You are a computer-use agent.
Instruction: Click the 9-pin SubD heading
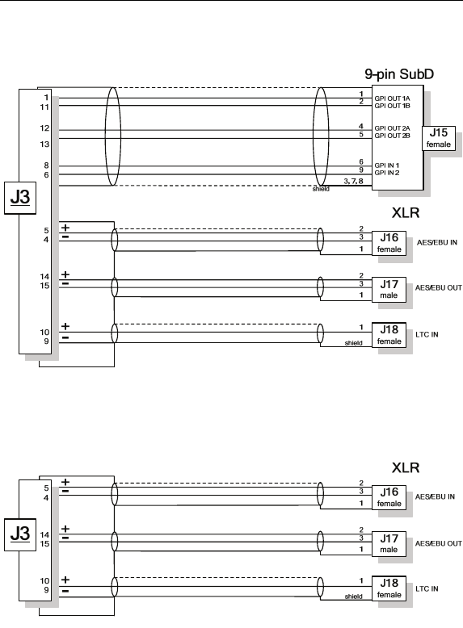click(x=399, y=74)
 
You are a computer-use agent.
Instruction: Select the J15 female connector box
click(x=439, y=138)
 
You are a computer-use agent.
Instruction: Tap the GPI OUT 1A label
click(x=393, y=98)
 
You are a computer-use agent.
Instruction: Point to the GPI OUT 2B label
click(x=393, y=136)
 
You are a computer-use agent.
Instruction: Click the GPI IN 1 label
click(x=387, y=165)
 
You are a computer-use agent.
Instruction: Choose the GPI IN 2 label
click(x=387, y=173)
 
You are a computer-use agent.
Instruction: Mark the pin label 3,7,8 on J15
click(x=353, y=181)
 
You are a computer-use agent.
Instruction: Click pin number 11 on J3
click(x=44, y=107)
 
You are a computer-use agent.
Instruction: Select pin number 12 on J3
click(x=44, y=128)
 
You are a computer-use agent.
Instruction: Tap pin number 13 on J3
click(x=44, y=144)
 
